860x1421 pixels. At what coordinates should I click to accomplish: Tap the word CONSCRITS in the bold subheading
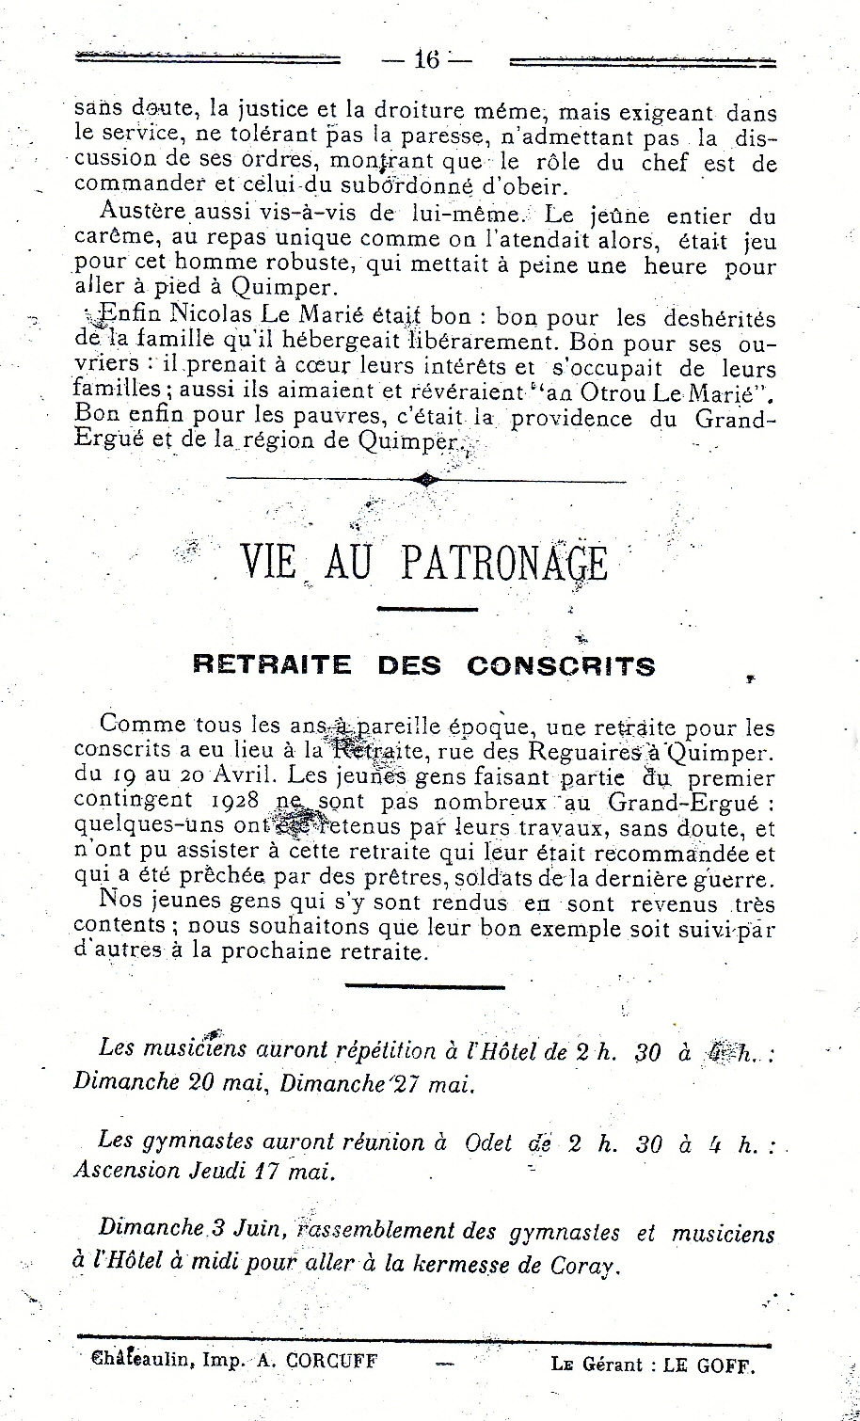click(561, 666)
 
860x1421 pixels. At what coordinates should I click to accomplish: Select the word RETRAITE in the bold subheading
click(272, 666)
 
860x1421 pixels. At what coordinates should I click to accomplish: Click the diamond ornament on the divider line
click(427, 481)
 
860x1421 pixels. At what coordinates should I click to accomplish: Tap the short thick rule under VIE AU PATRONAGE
click(427, 609)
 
